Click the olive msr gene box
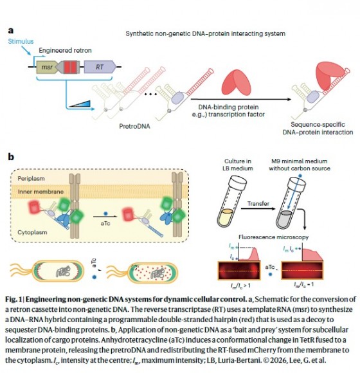coord(47,67)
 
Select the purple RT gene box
coord(100,67)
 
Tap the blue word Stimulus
coord(21,41)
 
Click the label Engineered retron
coord(65,50)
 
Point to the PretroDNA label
coord(134,126)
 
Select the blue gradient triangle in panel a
coord(80,104)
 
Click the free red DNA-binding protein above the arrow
coord(237,82)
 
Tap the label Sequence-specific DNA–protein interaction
coord(318,129)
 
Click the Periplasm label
coord(31,178)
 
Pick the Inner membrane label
coord(40,192)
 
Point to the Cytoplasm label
coord(32,232)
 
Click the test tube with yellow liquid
coord(231,201)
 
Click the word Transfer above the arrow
coord(258,204)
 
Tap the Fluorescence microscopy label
coord(273,237)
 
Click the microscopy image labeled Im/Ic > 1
coord(239,271)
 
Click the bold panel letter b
coord(11,157)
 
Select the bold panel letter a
coord(11,31)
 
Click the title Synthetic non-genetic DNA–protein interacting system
coord(206,33)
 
